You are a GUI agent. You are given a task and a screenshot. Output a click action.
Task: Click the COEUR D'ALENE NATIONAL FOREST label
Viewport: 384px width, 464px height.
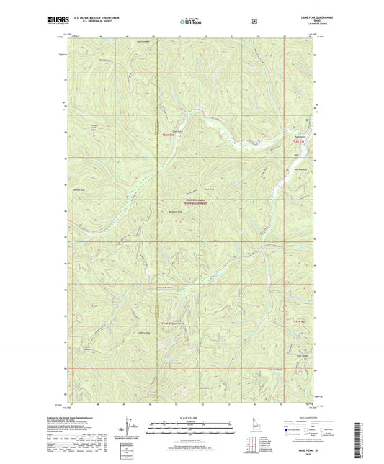point(192,202)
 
